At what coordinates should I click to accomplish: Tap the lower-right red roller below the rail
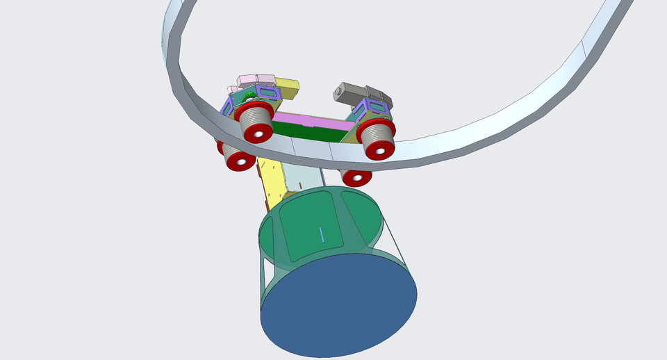click(x=356, y=177)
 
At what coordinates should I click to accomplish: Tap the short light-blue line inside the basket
click(x=321, y=234)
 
